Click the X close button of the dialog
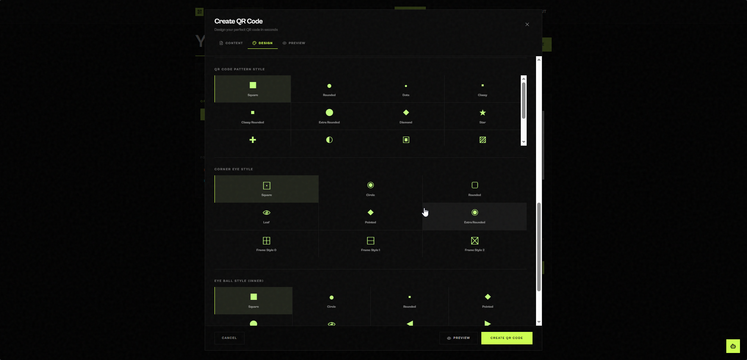527,25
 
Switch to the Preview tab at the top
294,43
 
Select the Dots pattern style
406,89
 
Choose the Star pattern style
483,116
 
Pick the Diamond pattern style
406,116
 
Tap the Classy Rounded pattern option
253,116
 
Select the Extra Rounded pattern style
329,116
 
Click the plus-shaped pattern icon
253,140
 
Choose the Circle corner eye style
370,189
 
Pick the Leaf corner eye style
266,216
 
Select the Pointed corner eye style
370,216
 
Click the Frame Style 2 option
475,244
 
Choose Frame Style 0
266,244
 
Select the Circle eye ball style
331,301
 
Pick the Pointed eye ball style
488,301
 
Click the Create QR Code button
507,338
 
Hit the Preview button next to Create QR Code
458,338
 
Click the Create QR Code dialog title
238,21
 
